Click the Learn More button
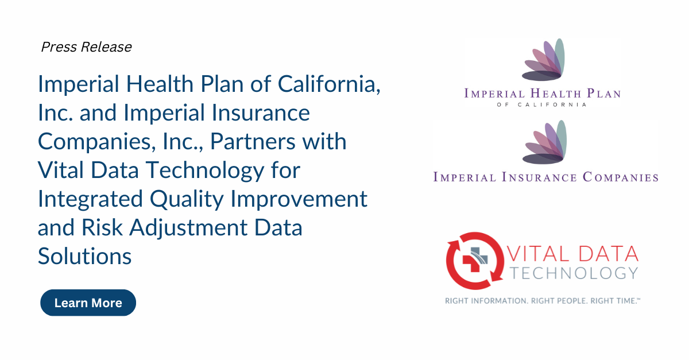click(x=88, y=303)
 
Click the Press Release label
click(x=86, y=47)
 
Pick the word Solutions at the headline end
click(x=84, y=256)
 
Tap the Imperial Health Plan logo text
click(x=543, y=94)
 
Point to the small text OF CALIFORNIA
click(x=542, y=105)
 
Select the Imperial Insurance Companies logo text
click(x=545, y=177)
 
